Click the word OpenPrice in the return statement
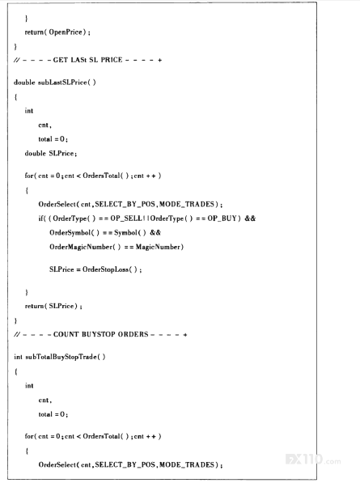66,32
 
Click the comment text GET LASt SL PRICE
87,60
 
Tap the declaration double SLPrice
51,154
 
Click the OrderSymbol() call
74,232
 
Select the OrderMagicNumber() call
85,247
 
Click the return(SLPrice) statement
53,306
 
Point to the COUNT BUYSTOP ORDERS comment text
100,334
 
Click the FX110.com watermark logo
313,460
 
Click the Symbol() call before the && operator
130,232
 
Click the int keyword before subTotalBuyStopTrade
18,357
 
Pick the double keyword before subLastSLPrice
24,83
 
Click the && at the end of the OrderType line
250,218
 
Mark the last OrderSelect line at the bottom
130,464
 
